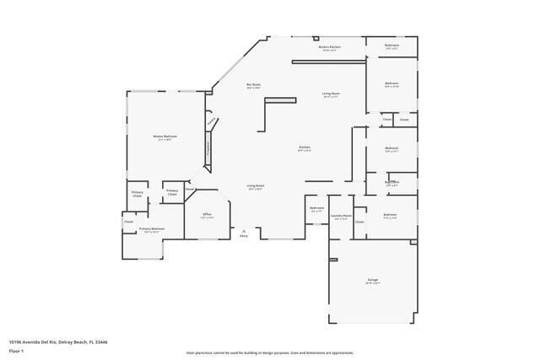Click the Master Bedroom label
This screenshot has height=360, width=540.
tap(165, 137)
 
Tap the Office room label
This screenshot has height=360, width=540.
tap(208, 215)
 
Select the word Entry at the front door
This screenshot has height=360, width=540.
tap(244, 236)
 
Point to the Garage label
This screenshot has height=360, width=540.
tap(372, 279)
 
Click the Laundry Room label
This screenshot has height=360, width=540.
tap(341, 216)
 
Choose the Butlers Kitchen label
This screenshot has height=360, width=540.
tap(329, 47)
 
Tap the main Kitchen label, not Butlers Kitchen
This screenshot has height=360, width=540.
tap(305, 148)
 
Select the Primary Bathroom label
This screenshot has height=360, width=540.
tap(151, 229)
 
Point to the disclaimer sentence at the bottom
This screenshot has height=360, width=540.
tap(269, 353)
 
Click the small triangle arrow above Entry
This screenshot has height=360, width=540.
tap(244, 230)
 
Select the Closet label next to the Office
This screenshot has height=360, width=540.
tap(191, 190)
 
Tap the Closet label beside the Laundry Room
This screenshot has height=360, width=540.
tap(359, 222)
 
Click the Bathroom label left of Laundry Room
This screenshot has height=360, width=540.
tap(317, 208)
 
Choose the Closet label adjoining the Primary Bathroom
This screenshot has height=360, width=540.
tap(129, 222)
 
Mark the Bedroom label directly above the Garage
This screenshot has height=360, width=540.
tap(390, 215)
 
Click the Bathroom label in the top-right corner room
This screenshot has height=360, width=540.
tap(391, 45)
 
